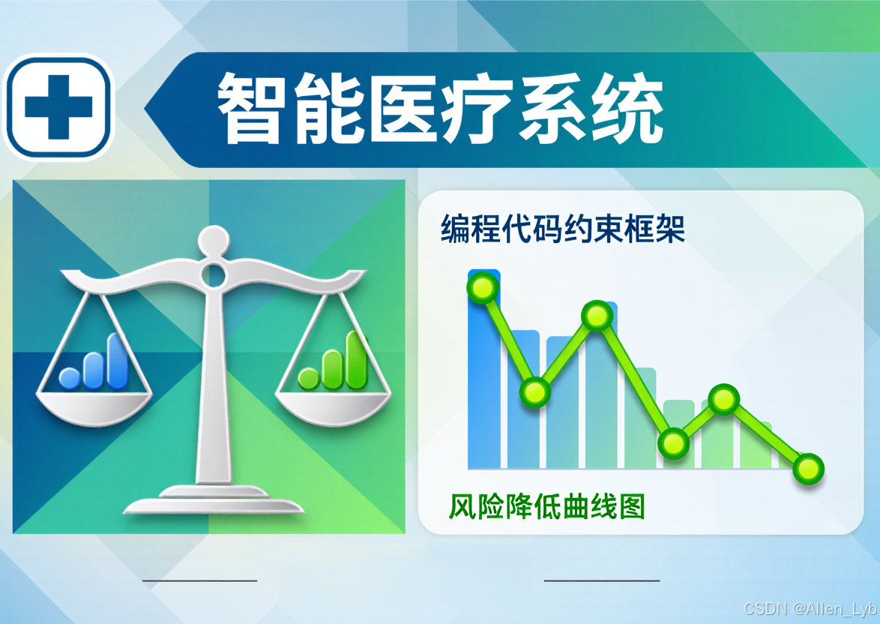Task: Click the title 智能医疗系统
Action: (x=441, y=109)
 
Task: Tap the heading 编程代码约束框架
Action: (x=563, y=229)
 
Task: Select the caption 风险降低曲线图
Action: (x=546, y=508)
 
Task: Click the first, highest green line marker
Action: (x=483, y=287)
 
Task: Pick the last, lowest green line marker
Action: (x=808, y=469)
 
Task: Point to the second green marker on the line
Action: (x=535, y=391)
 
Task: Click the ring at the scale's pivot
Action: (x=213, y=274)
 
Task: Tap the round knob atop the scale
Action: (x=213, y=240)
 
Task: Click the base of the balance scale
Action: (x=214, y=502)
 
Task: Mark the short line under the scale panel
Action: (x=199, y=580)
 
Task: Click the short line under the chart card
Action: (x=601, y=580)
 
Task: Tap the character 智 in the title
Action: (x=252, y=109)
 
